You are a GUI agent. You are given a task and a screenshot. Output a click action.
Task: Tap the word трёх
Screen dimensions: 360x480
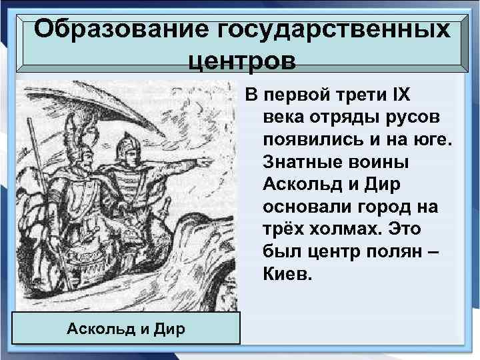click(283, 230)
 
